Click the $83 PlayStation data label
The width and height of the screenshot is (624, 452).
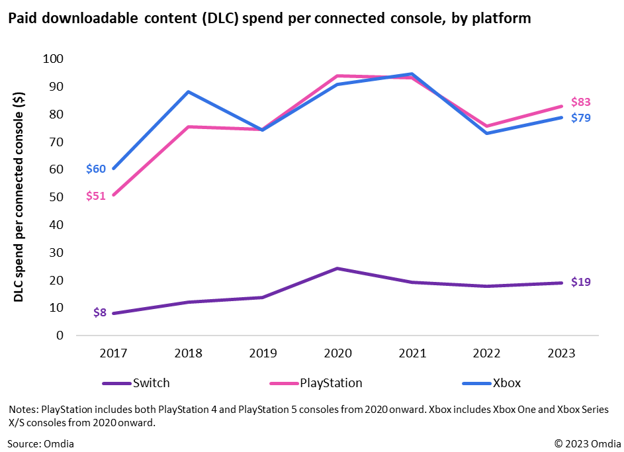tap(581, 102)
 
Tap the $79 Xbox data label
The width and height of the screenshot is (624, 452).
tap(581, 118)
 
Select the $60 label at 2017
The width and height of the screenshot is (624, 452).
tap(95, 169)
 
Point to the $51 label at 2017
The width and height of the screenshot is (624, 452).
tap(95, 196)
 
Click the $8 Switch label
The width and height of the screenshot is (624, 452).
tap(99, 312)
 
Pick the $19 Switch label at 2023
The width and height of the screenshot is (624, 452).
tap(581, 282)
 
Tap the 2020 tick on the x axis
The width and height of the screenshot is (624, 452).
tap(337, 354)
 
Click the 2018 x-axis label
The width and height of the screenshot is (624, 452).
tap(187, 354)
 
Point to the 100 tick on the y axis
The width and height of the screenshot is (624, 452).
tap(53, 59)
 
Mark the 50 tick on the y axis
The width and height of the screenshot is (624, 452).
tap(56, 197)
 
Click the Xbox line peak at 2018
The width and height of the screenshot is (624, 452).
tap(187, 92)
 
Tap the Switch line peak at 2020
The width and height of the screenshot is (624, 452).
tap(337, 268)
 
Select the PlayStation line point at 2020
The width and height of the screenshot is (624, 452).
tap(337, 76)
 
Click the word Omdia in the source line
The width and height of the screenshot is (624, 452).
tap(59, 443)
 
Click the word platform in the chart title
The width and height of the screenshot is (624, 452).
tap(502, 19)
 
